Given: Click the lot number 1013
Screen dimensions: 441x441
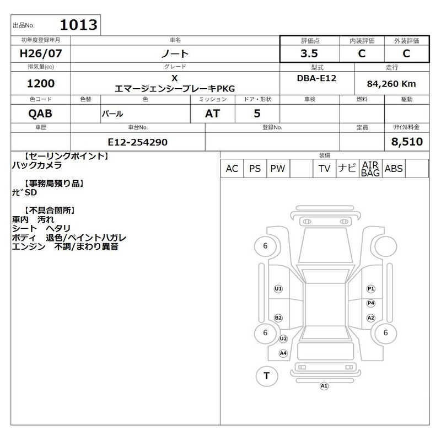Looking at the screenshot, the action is (78, 25).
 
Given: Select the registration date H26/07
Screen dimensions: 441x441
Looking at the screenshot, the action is (41, 53).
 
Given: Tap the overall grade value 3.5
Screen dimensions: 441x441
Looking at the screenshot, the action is (309, 53).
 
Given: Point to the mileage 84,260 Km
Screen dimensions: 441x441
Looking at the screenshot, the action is (391, 84).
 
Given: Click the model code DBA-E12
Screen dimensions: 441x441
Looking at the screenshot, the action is (316, 78).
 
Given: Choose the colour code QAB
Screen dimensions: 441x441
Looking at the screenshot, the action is (40, 114).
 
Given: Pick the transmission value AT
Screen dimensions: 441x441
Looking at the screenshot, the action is (212, 114).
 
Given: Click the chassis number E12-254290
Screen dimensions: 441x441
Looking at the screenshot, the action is (137, 142).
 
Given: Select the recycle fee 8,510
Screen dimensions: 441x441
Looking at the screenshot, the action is (407, 142).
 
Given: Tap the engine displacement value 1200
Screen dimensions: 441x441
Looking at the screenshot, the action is (41, 84).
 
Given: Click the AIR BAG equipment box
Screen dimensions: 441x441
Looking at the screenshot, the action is (370, 169).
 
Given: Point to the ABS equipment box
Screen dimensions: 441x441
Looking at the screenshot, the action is (394, 169).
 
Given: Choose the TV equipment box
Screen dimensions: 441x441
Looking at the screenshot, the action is (324, 169).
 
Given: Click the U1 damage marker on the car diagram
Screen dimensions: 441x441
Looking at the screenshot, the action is (278, 289).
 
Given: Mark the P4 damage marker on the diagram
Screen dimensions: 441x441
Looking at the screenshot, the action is (371, 303).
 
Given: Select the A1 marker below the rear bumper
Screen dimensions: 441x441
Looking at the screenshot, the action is (324, 386).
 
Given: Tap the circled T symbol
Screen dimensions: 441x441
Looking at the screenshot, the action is (267, 376).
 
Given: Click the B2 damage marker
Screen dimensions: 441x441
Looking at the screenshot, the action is (278, 318).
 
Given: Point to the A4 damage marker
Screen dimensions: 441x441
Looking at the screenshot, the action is (283, 353).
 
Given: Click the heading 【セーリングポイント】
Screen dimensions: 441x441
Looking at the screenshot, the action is (66, 157).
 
